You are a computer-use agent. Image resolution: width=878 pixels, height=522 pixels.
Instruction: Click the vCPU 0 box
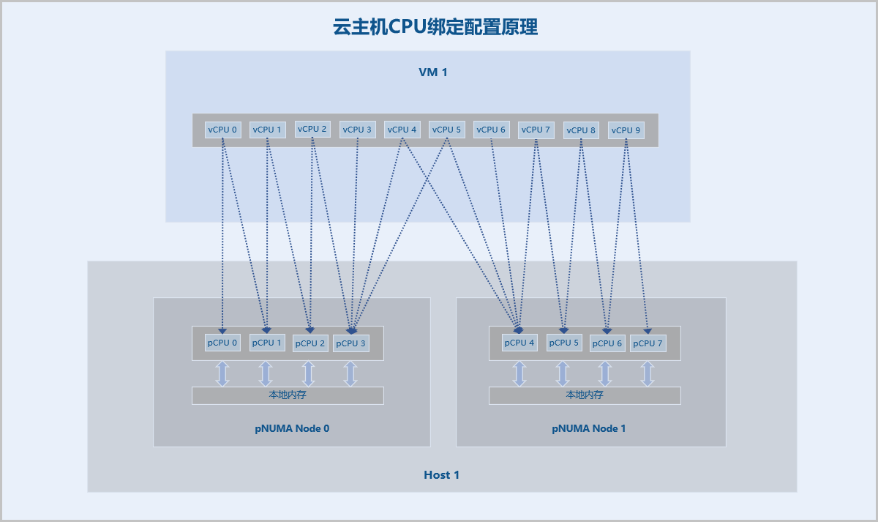(x=222, y=130)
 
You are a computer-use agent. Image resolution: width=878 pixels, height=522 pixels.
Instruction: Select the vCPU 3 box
(x=357, y=130)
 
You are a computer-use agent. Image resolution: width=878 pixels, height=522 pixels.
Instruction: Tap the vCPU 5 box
(x=446, y=130)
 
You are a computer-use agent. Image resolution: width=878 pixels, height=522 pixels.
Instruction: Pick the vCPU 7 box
(x=536, y=130)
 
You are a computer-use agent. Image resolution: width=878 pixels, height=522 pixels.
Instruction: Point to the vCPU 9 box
(x=626, y=130)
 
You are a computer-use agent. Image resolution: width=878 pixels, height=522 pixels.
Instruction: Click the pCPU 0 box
(x=222, y=343)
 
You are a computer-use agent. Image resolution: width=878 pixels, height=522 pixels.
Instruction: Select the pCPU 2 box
(x=310, y=343)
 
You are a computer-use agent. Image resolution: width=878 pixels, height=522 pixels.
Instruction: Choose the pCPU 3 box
(x=351, y=343)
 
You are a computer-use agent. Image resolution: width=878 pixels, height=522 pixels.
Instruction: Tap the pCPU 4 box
(x=519, y=343)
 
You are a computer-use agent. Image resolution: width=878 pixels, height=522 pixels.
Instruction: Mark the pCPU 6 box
(x=607, y=343)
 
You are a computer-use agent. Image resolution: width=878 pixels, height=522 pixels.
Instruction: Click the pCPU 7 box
(x=648, y=343)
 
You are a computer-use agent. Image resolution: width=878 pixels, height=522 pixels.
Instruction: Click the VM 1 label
(x=432, y=72)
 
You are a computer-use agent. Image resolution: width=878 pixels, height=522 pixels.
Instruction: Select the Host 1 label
(x=442, y=475)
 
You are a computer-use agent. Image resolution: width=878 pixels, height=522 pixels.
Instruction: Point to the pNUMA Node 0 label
(x=292, y=428)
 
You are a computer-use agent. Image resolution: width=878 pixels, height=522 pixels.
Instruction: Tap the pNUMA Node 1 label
(x=589, y=428)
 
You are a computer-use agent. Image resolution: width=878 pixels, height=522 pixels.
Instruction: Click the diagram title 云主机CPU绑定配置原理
(x=435, y=27)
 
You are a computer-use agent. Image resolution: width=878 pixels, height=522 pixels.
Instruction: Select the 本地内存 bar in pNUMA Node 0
(x=288, y=395)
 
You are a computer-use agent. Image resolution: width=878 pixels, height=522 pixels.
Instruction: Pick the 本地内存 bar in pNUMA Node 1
(x=585, y=395)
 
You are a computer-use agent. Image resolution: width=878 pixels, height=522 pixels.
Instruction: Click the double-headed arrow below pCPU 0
(x=222, y=373)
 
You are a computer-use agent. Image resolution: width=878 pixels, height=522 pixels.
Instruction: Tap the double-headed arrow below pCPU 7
(x=648, y=373)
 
